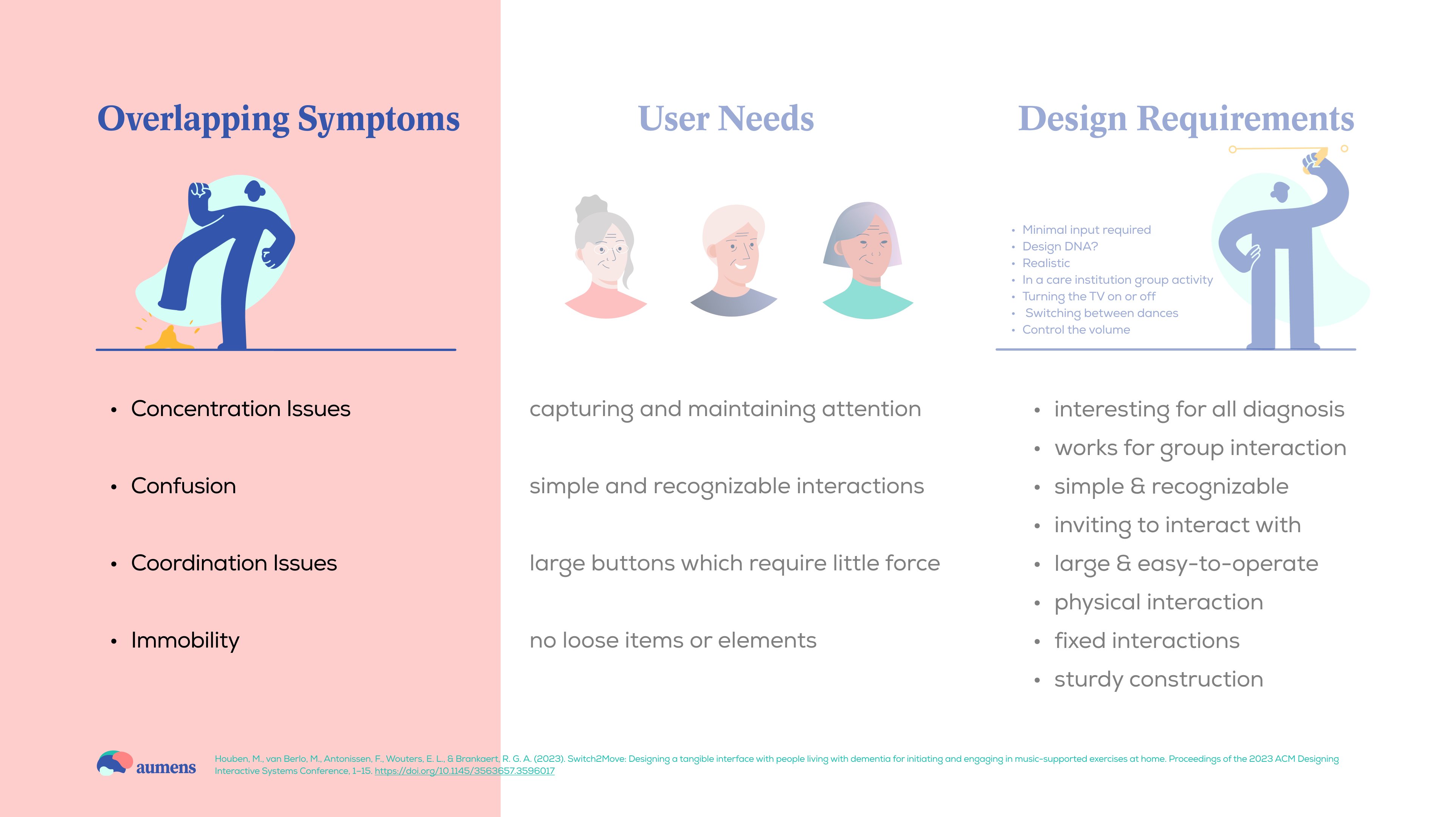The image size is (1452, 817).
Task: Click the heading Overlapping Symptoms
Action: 278,120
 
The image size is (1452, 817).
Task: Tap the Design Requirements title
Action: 1186,120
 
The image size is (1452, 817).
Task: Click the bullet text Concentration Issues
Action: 241,409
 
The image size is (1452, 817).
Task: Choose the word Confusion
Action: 184,486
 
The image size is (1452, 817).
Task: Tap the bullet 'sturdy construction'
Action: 1158,679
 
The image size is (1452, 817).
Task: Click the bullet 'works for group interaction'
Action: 1200,448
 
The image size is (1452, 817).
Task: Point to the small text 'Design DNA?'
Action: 1060,246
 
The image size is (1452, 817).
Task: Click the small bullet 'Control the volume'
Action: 1076,330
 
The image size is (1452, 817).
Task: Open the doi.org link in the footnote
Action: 464,771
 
